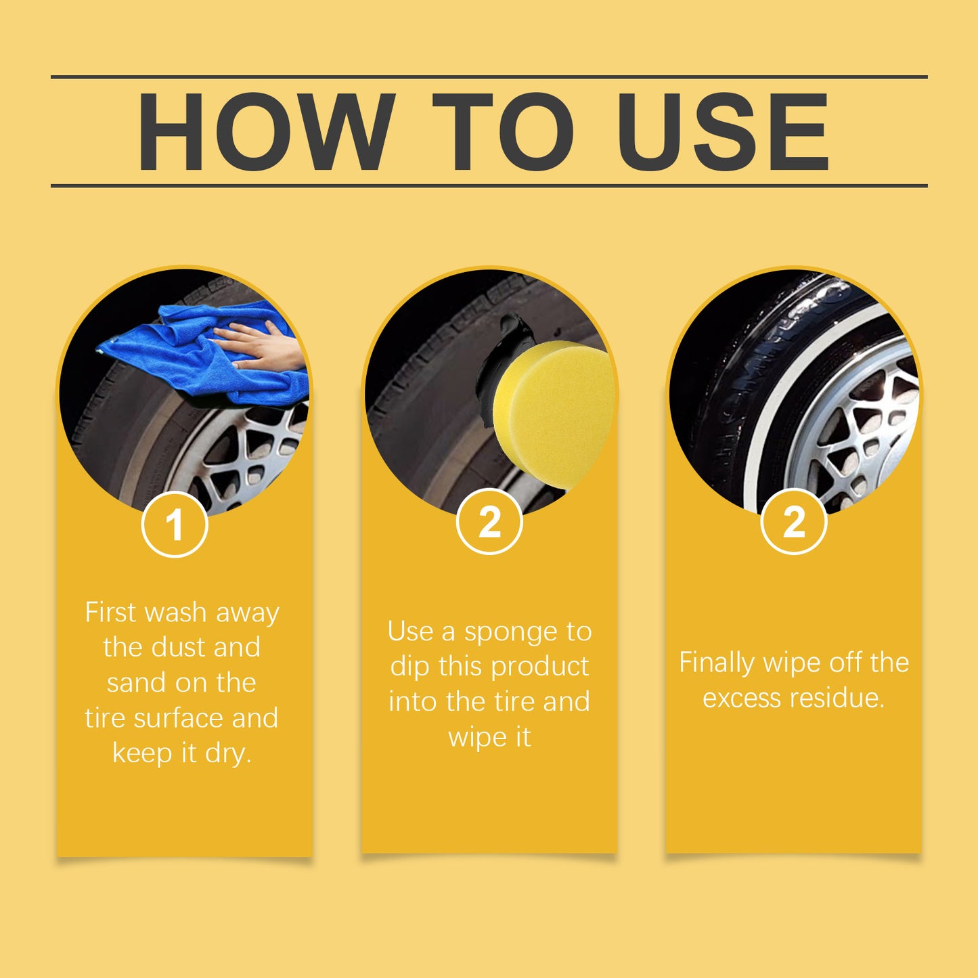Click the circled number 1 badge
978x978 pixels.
(175, 525)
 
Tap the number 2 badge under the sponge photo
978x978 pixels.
(489, 522)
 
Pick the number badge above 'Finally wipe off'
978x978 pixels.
(794, 522)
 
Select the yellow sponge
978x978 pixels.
(552, 413)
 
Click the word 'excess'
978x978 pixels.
(741, 698)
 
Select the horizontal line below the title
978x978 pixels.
(489, 185)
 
